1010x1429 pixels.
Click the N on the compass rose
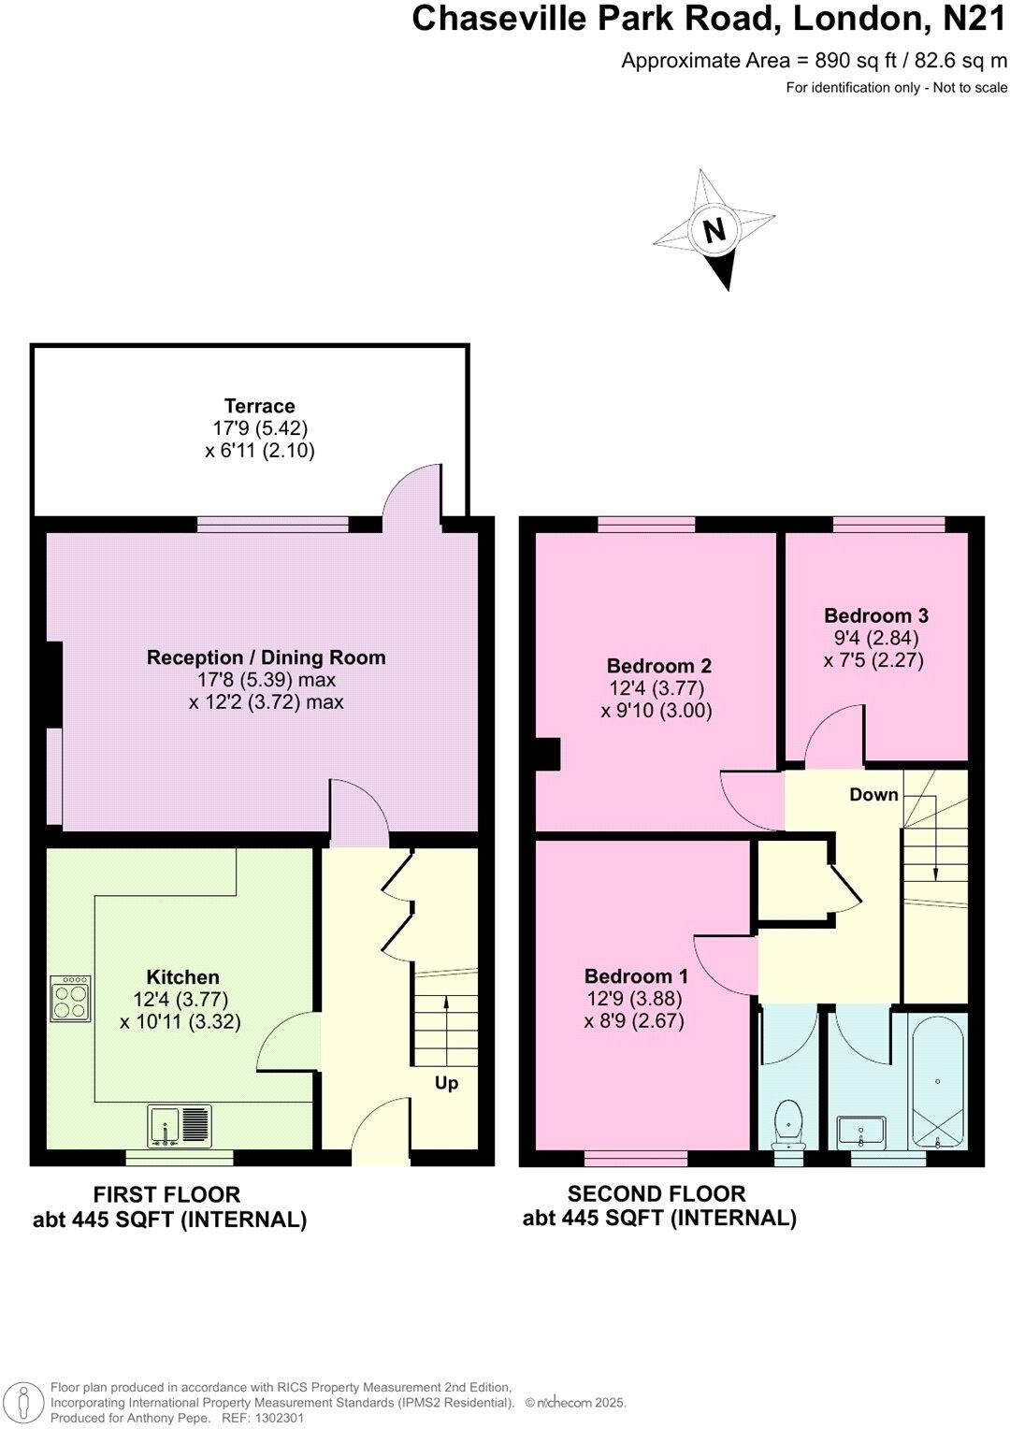click(714, 230)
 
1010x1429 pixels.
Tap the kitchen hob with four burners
click(71, 999)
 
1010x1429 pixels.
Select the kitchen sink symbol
click(180, 1126)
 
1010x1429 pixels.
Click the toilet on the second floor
click(789, 1122)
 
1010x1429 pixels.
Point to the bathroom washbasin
click(861, 1132)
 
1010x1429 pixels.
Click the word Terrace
click(259, 406)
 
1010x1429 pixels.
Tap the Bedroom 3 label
click(875, 615)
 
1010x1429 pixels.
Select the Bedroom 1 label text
click(636, 976)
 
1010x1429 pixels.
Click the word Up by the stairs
click(446, 1083)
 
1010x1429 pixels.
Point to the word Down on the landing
click(873, 794)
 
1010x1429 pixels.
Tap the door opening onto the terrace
click(411, 492)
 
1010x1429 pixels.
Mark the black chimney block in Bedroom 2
click(547, 755)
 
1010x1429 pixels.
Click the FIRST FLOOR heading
click(166, 1194)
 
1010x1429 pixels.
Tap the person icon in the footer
click(29, 1401)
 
